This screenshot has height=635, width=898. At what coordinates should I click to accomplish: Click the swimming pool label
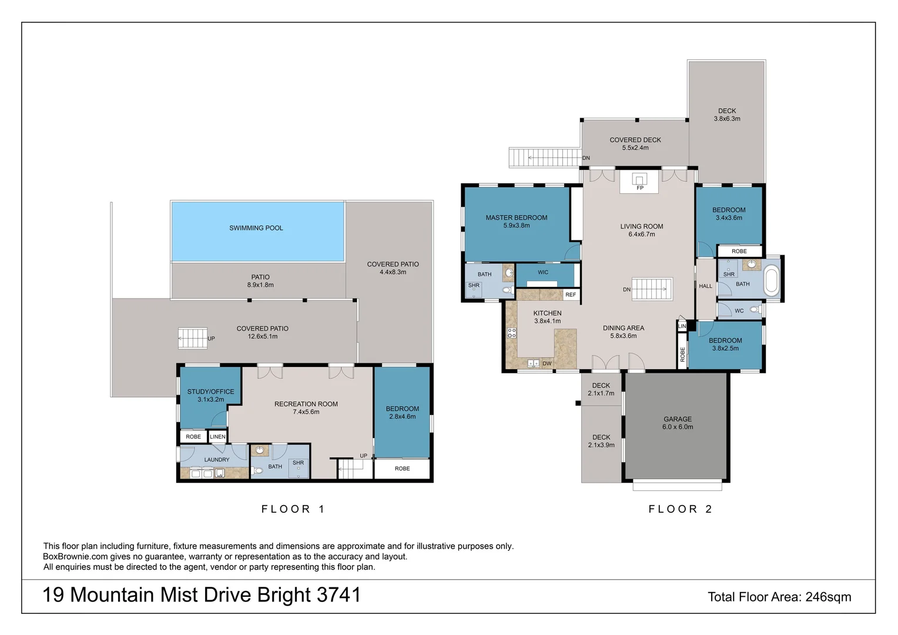coord(256,228)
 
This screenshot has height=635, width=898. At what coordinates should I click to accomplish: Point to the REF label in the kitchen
coord(570,295)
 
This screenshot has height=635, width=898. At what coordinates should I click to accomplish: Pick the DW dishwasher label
coord(547,363)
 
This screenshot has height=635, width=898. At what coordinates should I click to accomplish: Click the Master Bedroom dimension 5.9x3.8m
coord(516,226)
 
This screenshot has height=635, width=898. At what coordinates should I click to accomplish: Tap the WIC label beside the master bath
coord(542,272)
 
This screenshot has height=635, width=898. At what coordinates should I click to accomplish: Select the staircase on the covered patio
coord(193,338)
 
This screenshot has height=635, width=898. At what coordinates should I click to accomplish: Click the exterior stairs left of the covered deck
coord(544,158)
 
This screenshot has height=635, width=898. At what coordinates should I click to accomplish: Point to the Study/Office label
coord(210,392)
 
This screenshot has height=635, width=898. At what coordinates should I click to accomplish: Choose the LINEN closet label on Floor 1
coord(217,437)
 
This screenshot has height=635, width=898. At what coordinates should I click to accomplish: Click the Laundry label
coord(216,460)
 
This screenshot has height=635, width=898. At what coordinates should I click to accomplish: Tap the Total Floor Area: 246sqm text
coord(779,597)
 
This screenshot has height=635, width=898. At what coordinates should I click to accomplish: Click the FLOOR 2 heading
coord(680,509)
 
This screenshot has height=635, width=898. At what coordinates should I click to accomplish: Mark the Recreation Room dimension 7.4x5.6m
coord(306,412)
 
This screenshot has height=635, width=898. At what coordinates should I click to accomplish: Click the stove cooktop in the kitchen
coord(511,333)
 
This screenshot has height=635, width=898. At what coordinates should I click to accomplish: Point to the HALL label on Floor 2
coord(705,286)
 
